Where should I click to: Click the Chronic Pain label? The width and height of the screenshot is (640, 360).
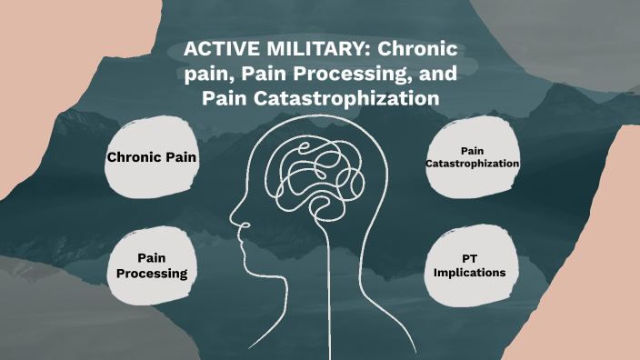point(152,157)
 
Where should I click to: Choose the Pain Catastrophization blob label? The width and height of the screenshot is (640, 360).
point(472,156)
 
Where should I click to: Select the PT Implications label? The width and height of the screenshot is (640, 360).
point(470,265)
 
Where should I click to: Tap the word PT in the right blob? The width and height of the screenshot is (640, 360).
point(470,257)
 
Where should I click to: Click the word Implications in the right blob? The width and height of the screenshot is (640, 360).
point(470,272)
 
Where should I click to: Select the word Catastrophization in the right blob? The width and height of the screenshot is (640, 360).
point(472,163)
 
